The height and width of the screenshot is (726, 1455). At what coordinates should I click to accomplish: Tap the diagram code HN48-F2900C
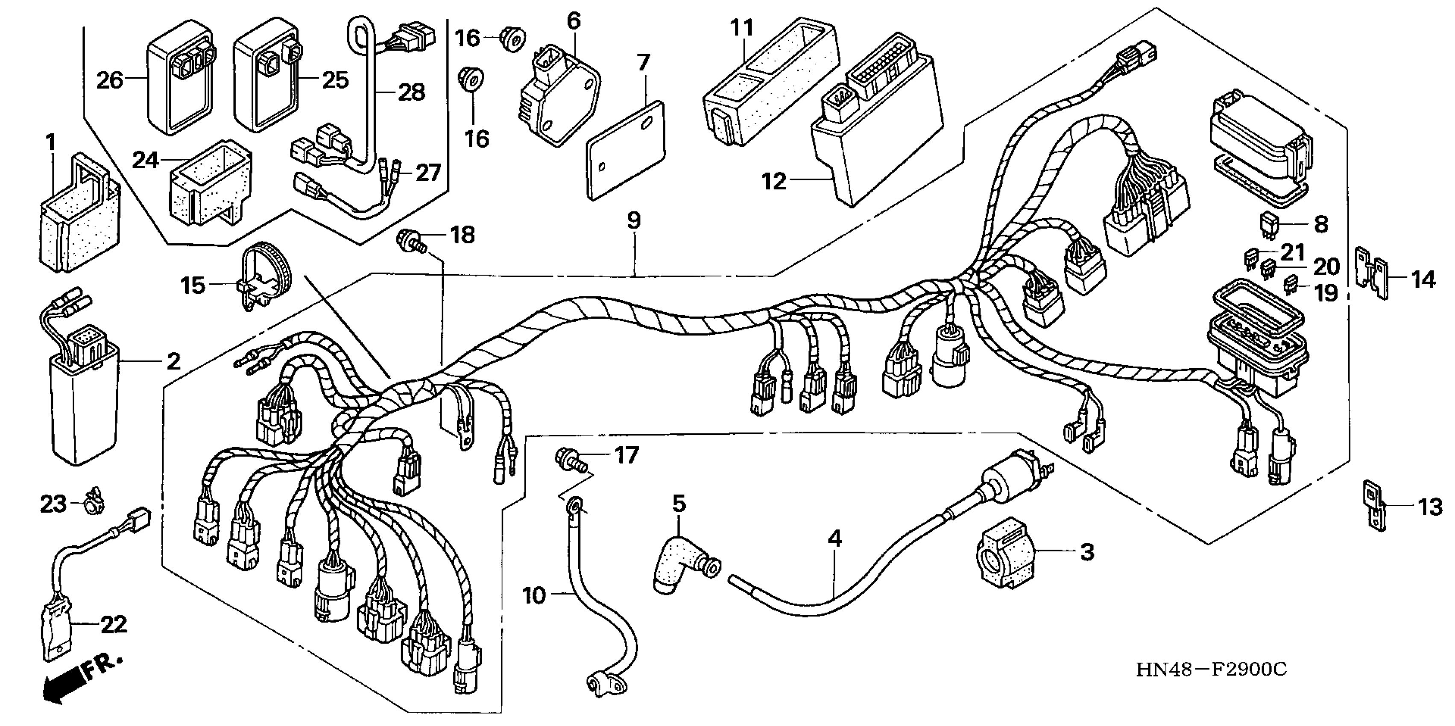tap(1212, 670)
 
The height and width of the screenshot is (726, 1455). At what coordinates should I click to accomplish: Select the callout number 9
tap(634, 220)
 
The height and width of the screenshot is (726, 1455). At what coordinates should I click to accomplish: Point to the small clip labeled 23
tap(93, 502)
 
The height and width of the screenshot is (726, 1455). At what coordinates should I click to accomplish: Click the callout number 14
tap(1423, 279)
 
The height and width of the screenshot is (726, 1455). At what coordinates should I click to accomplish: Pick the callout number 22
tap(114, 624)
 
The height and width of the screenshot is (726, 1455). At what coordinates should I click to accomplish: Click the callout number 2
tap(173, 361)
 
